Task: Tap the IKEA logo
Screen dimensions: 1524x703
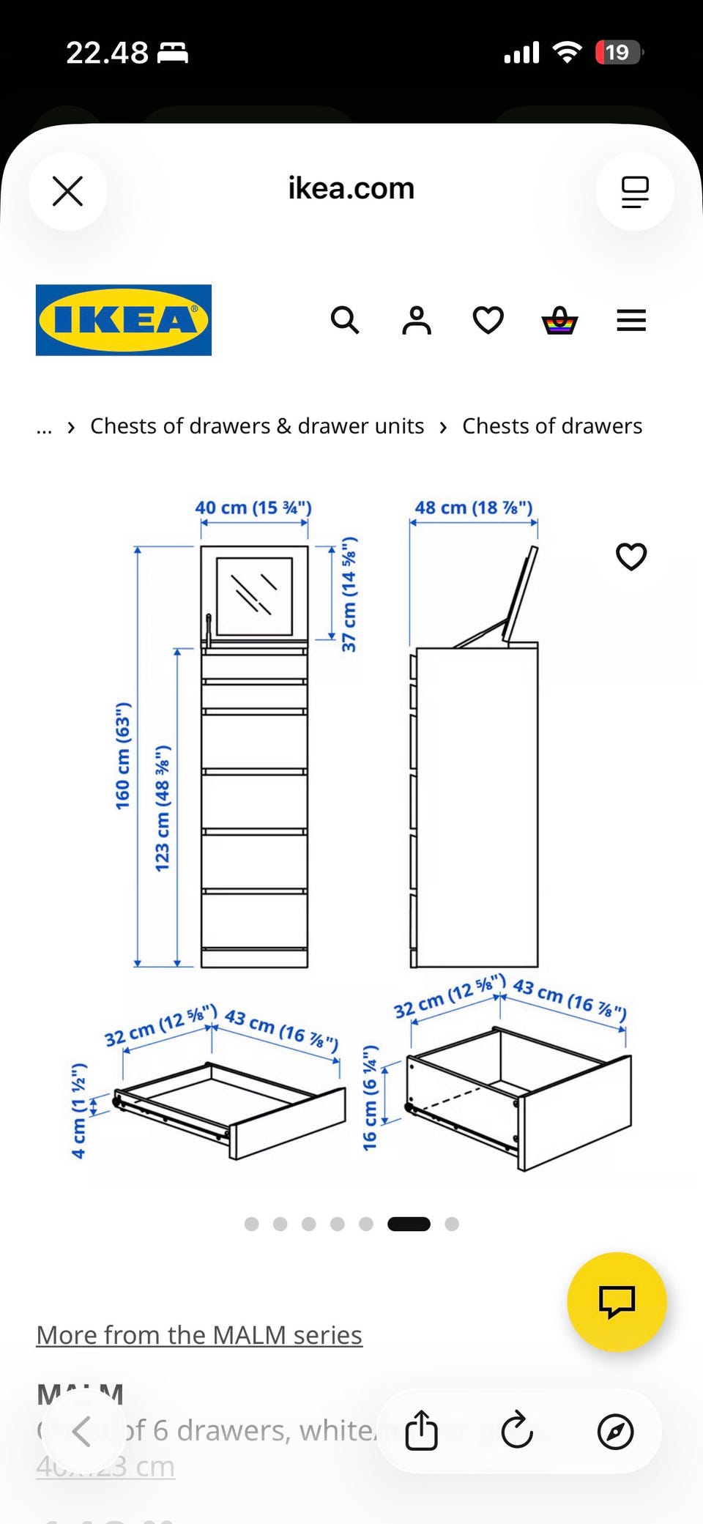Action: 124,320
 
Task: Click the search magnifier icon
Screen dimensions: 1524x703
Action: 344,320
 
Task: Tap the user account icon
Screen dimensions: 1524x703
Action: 417,320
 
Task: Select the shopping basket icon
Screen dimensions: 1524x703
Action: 559,320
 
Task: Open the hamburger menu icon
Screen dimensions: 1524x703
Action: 631,320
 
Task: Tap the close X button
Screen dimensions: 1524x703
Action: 67,191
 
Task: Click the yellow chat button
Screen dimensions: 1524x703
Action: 617,1301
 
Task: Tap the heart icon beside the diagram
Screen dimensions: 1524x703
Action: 631,557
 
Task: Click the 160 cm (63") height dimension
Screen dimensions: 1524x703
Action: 122,755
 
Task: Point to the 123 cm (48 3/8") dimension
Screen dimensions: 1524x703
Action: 162,808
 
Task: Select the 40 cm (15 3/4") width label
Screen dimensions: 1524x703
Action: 253,508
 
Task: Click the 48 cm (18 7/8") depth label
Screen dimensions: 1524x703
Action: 474,508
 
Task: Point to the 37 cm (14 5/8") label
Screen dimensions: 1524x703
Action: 349,593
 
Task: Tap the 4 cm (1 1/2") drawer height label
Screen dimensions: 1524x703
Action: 78,1110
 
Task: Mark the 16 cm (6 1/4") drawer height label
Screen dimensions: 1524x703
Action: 370,1097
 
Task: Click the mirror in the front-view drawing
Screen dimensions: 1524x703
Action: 254,595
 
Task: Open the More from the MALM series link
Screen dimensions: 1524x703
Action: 199,1335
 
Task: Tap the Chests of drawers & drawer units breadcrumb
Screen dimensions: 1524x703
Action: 257,426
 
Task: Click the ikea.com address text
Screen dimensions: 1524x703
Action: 351,189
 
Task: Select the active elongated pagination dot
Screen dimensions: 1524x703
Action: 409,1224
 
